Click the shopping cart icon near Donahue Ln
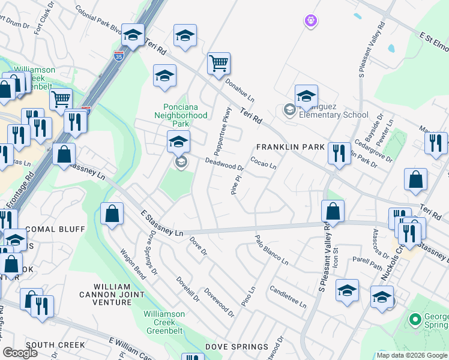(219, 64)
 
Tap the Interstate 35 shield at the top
(120, 56)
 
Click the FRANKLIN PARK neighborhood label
(291, 147)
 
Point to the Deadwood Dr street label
(224, 164)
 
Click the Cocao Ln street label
(264, 163)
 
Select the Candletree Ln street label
(288, 297)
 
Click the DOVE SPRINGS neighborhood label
(237, 347)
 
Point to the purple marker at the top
(310, 22)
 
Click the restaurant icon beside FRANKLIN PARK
(339, 154)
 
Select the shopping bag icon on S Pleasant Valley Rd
(332, 211)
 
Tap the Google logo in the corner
(20, 353)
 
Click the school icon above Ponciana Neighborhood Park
(164, 76)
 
